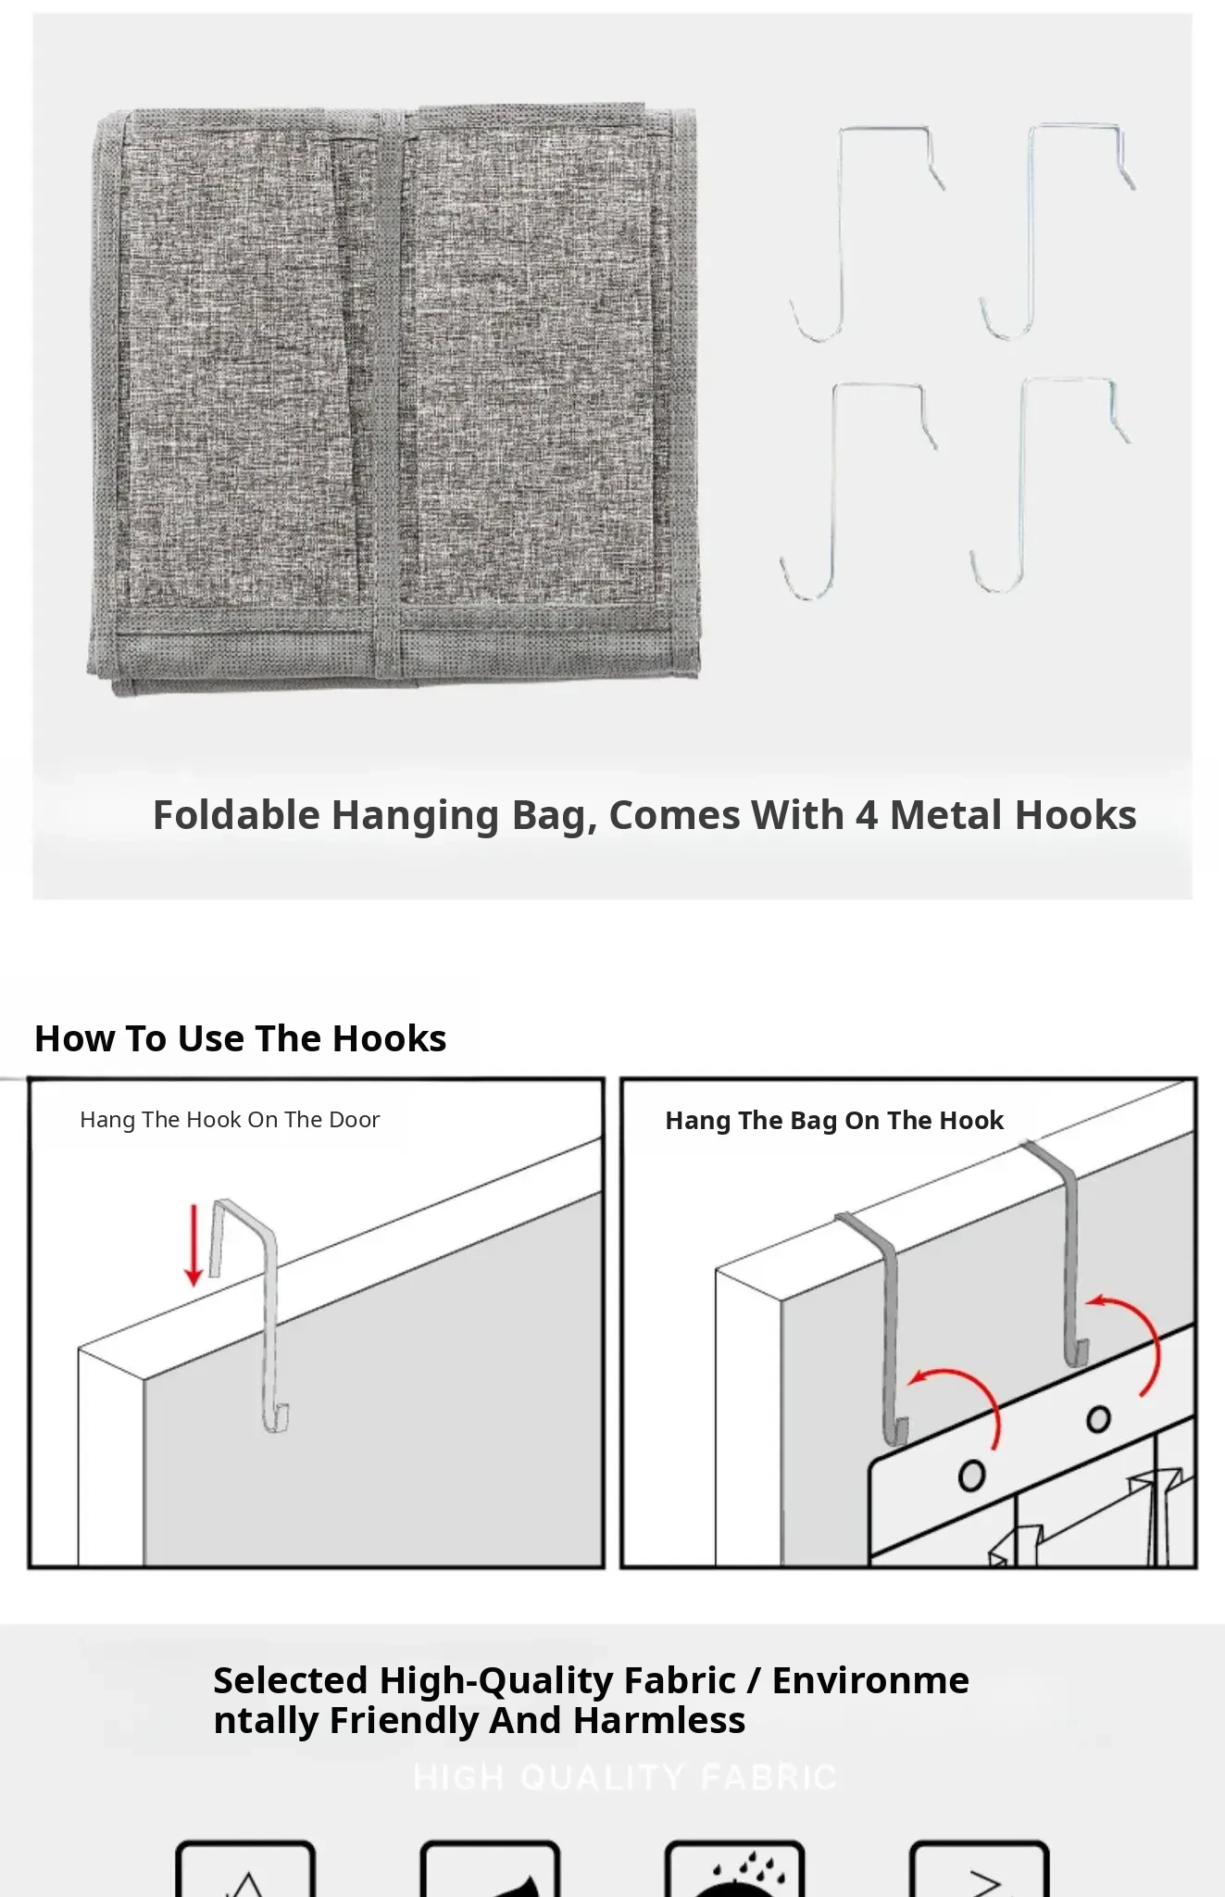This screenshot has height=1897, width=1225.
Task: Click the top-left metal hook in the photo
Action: point(841,232)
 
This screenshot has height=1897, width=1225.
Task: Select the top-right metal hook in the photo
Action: point(1031,232)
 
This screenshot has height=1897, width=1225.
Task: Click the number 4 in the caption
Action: point(867,816)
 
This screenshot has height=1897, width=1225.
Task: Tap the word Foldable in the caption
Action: point(236,815)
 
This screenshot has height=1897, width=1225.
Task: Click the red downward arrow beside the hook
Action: point(194,1245)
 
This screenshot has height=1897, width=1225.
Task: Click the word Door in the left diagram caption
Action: point(353,1120)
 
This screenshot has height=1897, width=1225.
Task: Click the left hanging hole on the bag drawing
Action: point(971,1476)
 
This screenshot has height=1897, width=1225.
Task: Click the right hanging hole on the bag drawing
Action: point(1098,1419)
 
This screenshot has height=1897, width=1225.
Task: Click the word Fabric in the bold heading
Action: point(681,1680)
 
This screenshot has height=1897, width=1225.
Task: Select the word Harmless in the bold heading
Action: point(659,1721)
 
